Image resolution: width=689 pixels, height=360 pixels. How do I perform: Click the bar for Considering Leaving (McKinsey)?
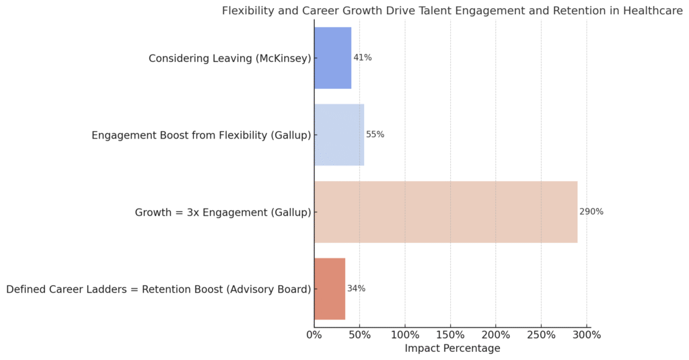[332, 58]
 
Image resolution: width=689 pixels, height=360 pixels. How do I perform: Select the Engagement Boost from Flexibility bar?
[339, 135]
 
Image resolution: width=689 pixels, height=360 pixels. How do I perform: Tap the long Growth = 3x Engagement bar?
[445, 212]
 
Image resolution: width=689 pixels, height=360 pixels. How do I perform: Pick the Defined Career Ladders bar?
[330, 289]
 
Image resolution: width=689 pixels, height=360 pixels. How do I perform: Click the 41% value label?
[363, 58]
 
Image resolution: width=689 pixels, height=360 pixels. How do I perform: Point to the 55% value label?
[375, 135]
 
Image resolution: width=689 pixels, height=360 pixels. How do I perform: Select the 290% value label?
[591, 212]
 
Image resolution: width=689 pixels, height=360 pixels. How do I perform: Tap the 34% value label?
[356, 289]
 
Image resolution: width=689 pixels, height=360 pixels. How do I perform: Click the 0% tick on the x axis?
[314, 334]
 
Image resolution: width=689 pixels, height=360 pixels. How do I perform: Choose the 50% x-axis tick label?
[359, 334]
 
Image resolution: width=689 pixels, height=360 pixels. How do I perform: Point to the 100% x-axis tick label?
[405, 334]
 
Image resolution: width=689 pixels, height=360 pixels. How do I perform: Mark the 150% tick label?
[450, 334]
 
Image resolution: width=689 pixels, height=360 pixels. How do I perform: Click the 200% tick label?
[496, 334]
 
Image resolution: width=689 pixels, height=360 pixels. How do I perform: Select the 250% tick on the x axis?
[541, 334]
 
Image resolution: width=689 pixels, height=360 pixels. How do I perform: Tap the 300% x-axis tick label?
[587, 334]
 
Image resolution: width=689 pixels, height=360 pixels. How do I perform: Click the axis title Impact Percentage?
[452, 349]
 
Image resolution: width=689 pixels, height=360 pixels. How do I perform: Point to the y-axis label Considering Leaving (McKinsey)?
[229, 59]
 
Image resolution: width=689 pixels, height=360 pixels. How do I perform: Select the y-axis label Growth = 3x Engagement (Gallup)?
[223, 213]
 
